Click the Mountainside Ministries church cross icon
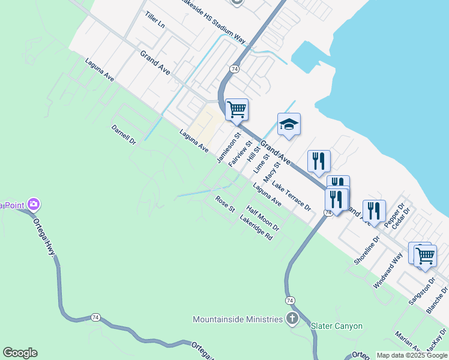[292, 319]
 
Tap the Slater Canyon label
[337, 326]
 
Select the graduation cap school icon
[289, 124]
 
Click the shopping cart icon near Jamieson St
[237, 110]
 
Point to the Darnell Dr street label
[124, 135]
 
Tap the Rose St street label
[225, 204]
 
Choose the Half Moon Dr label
[263, 218]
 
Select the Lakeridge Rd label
[256, 229]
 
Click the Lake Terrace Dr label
[291, 196]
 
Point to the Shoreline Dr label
[367, 250]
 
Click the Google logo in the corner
[20, 353]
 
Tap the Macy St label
[272, 173]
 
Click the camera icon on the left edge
[34, 205]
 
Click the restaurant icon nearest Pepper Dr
[374, 211]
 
